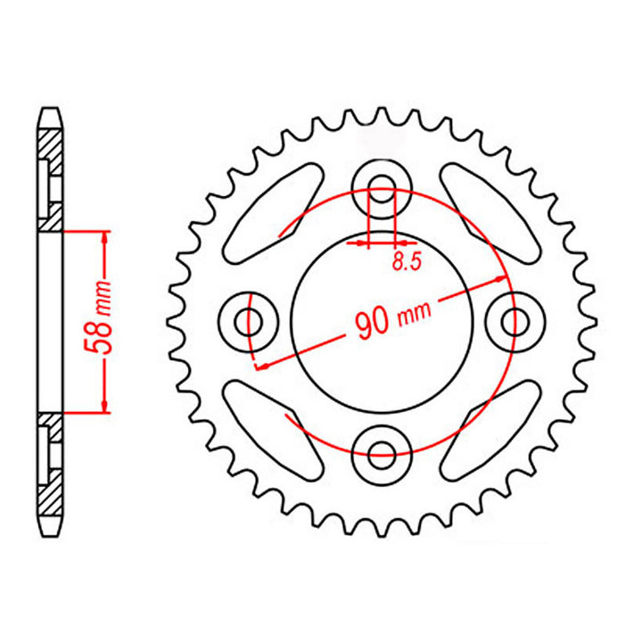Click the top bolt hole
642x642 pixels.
pyautogui.click(x=383, y=190)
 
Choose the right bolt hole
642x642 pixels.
pyautogui.click(x=514, y=320)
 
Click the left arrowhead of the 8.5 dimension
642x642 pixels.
pyautogui.click(x=362, y=242)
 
